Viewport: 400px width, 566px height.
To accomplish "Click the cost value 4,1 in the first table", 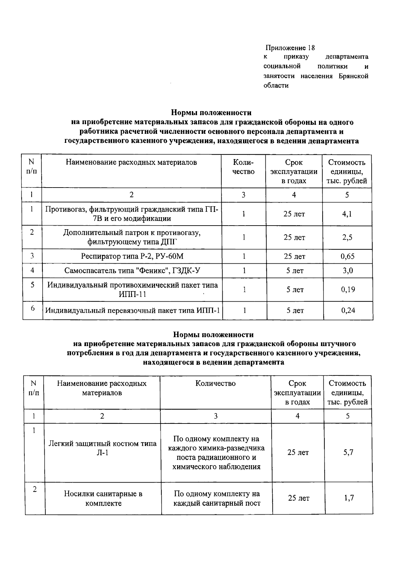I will tap(347, 214).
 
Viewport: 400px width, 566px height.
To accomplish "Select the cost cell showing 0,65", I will tap(347, 256).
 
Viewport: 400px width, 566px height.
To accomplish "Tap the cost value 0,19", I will tap(348, 290).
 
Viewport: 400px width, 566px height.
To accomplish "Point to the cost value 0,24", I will tap(348, 310).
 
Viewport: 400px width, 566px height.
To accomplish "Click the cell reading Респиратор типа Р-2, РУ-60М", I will tap(132, 256).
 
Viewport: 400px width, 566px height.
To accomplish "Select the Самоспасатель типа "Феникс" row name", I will tap(132, 270).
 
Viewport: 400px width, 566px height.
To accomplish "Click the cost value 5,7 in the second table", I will tap(348, 453).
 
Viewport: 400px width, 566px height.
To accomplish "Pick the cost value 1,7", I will tap(349, 498).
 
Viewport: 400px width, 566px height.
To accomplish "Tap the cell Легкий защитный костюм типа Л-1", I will tap(102, 448).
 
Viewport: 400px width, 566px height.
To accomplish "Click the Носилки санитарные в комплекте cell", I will tap(103, 498).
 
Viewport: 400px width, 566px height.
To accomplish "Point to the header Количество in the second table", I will tap(215, 383).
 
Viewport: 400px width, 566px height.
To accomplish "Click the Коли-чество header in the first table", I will tap(243, 167).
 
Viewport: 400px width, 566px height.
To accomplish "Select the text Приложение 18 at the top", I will tap(290, 47).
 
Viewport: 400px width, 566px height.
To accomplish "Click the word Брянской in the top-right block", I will tap(353, 76).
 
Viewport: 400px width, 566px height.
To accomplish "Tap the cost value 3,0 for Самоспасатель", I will tap(347, 270).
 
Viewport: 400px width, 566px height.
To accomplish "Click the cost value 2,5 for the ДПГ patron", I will tap(347, 237).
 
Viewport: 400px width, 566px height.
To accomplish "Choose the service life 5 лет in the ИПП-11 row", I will tap(295, 290).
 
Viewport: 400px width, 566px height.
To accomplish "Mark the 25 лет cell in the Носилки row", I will tap(298, 498).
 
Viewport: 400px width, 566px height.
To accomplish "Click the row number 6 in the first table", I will tap(33, 308).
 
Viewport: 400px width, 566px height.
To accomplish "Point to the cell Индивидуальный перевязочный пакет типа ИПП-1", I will tap(132, 311).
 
